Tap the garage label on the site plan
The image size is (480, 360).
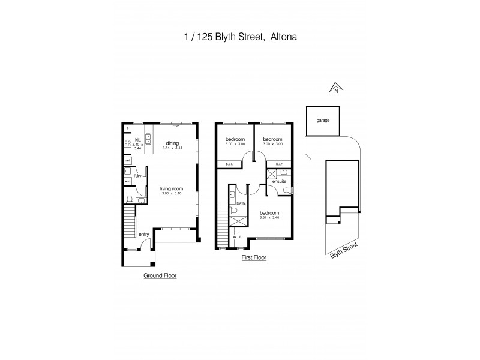click(323, 121)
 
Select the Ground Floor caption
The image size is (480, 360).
click(160, 276)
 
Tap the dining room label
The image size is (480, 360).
click(172, 143)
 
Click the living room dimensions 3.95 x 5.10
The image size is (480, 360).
click(172, 193)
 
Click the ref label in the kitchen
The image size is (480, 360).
click(128, 161)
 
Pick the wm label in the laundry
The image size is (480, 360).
click(127, 181)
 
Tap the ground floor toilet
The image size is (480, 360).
click(130, 199)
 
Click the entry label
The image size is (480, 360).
click(143, 235)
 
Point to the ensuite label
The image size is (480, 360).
click(279, 181)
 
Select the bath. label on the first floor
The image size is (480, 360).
click(241, 203)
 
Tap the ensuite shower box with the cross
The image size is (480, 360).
click(271, 174)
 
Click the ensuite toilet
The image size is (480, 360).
click(287, 190)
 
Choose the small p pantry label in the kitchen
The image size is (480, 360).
click(127, 128)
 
